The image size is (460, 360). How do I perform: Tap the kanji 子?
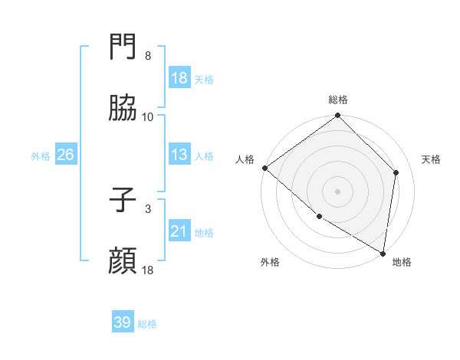tap(123, 200)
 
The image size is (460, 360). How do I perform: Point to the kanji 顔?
tap(123, 260)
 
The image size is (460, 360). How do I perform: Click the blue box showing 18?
tap(179, 78)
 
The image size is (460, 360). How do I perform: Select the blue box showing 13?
tap(179, 155)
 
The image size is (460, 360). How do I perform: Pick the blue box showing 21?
tap(179, 231)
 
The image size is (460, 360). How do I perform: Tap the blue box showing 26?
tap(65, 155)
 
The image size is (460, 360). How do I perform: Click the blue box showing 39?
tap(123, 322)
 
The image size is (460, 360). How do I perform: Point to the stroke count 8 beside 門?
tap(148, 56)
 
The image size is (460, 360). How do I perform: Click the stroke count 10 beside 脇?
tap(148, 117)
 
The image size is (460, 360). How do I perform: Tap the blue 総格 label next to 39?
tap(148, 324)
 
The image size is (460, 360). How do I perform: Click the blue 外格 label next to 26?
tap(41, 155)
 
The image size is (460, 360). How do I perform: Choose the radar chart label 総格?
tap(338, 100)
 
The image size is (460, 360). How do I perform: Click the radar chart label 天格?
tap(431, 159)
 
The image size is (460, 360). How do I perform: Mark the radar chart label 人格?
tap(245, 159)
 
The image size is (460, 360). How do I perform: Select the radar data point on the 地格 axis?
tap(383, 253)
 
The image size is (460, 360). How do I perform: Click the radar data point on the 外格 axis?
tap(319, 217)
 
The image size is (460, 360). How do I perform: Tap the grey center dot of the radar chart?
tap(338, 191)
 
